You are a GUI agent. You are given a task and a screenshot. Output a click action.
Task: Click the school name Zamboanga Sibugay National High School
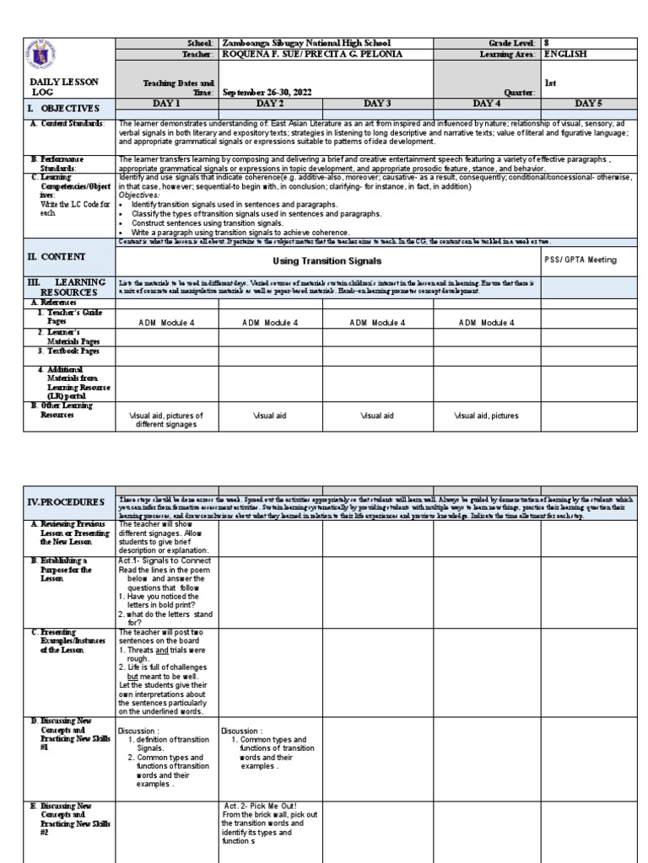[305, 42]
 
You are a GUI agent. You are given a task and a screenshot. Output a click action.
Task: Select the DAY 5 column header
[588, 103]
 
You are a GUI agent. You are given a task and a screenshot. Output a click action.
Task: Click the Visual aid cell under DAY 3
[376, 415]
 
